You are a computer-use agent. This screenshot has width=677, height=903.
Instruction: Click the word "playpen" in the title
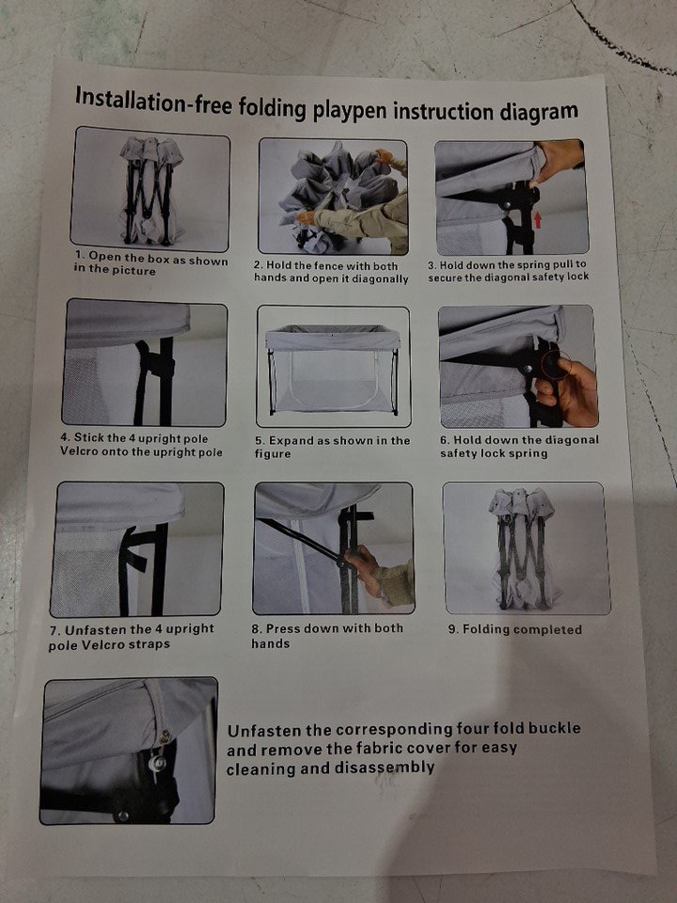pos(350,109)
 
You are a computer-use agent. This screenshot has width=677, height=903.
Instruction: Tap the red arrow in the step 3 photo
pos(538,220)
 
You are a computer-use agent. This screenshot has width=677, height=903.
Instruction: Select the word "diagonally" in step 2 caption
pos(380,279)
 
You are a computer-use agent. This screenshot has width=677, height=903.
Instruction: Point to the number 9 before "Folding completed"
pos(452,629)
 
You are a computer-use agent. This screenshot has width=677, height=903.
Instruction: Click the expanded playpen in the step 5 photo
pos(333,369)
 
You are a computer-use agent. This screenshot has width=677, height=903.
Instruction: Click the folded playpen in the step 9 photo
pos(523,548)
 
